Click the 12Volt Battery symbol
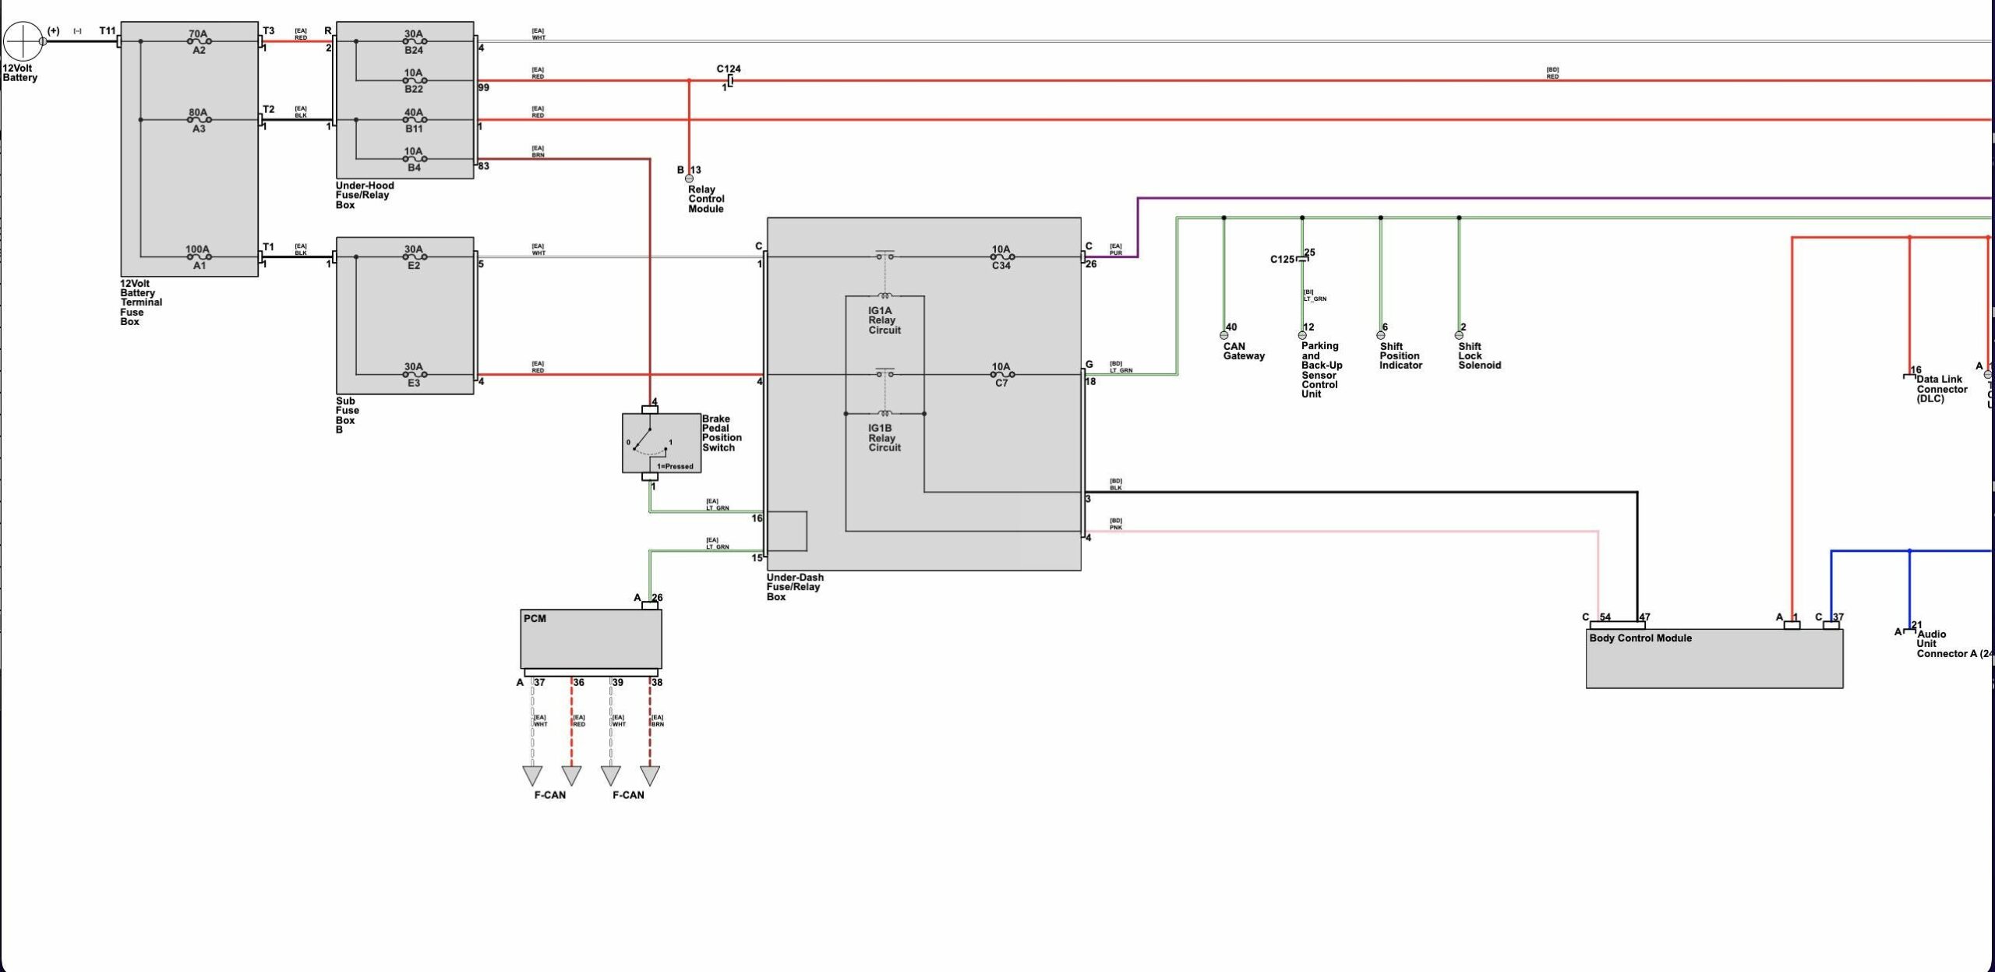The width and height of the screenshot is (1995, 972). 23,41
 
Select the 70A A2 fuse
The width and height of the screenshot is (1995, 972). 199,42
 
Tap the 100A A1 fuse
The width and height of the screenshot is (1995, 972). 199,257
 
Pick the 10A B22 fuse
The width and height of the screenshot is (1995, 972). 414,81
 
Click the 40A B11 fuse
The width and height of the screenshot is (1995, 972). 414,120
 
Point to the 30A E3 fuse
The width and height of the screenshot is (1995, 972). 414,375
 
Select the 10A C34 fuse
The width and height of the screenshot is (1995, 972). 1001,257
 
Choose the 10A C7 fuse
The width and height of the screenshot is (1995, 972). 1001,375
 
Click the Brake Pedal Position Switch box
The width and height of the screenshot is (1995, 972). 661,443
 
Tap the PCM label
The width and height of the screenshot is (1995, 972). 535,619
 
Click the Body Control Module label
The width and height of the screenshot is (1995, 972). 1640,638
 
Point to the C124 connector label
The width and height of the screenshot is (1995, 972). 729,69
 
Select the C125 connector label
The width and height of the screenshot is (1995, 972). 1282,260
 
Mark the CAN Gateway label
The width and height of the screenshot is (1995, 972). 1244,352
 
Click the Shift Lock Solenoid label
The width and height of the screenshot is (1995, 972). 1479,356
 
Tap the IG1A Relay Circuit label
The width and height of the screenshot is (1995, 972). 885,320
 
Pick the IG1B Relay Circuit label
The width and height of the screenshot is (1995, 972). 885,438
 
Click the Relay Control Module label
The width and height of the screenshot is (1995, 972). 706,200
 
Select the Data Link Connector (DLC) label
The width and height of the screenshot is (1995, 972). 1941,389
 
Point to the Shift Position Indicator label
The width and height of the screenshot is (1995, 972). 1400,356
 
